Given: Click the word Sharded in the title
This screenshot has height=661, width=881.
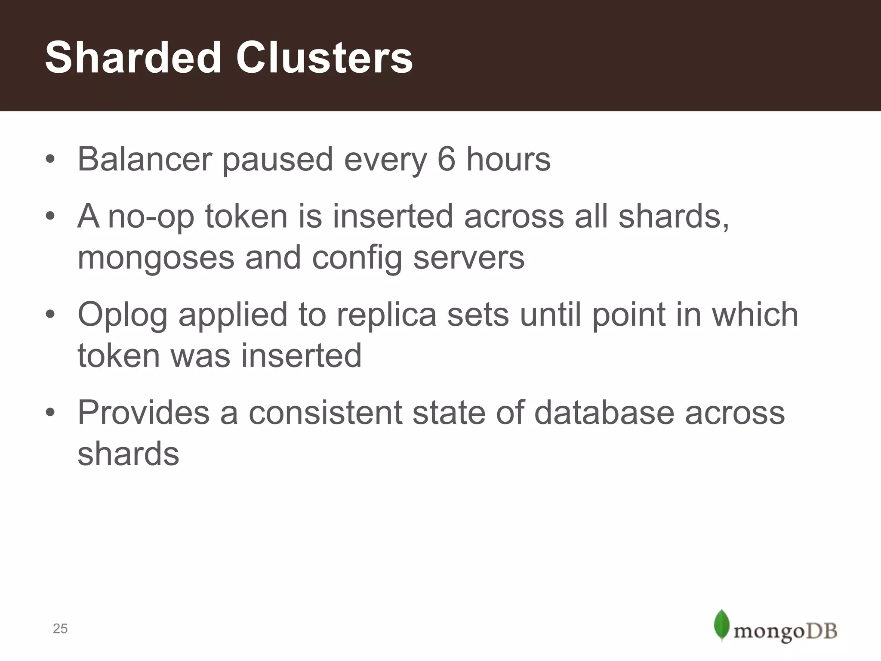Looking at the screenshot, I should click(x=133, y=58).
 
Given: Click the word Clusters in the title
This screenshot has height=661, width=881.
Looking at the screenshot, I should click(x=324, y=58).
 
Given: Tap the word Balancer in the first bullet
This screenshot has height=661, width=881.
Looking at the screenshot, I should click(x=145, y=159).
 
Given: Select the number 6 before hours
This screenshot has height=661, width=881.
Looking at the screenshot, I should click(x=446, y=159).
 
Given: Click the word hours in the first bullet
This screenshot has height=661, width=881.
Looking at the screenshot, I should click(x=508, y=159).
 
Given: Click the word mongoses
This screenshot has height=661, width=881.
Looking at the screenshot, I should click(x=156, y=258).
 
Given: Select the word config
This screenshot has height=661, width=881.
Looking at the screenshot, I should click(x=357, y=258).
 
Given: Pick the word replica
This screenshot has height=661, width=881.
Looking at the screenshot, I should click(x=386, y=314).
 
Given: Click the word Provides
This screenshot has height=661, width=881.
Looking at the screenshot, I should click(x=143, y=412).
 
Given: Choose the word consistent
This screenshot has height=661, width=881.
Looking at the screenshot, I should click(x=325, y=412).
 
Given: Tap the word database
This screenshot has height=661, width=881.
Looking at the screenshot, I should click(x=604, y=412).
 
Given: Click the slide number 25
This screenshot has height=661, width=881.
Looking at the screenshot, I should click(x=60, y=629).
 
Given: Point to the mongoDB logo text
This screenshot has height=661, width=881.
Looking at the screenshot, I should click(x=786, y=631).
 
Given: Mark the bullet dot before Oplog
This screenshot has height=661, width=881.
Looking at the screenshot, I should click(x=50, y=315).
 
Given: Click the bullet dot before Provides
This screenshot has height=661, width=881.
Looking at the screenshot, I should click(x=50, y=413).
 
